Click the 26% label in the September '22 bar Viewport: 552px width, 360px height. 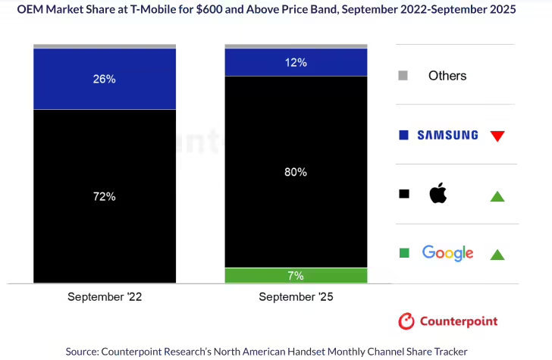click(x=105, y=78)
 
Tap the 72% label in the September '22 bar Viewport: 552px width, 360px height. click(x=105, y=196)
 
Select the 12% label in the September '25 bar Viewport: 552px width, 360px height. click(x=296, y=62)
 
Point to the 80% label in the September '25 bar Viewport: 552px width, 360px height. click(x=296, y=172)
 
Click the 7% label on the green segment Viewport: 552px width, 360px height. click(x=296, y=275)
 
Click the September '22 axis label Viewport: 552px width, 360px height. click(x=105, y=297)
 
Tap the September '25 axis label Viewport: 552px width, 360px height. click(x=296, y=297)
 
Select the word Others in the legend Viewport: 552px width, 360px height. click(x=447, y=76)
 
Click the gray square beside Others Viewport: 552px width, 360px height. click(x=403, y=75)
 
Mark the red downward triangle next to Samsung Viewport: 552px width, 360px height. click(x=497, y=136)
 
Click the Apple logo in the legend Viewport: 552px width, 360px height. click(x=438, y=193)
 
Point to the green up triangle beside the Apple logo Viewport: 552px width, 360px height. click(x=497, y=196)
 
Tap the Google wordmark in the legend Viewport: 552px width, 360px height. click(x=447, y=253)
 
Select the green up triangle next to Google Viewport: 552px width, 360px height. click(x=497, y=255)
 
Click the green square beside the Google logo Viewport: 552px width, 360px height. click(x=403, y=252)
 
